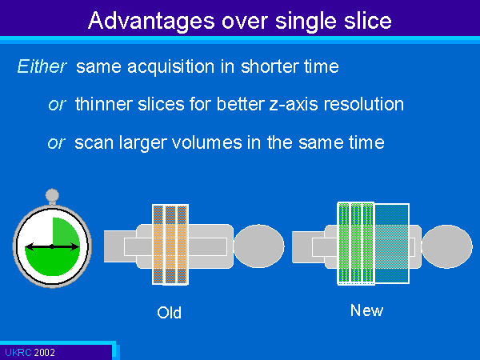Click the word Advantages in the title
151,21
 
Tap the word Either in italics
42,66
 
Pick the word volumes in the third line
206,142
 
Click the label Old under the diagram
169,313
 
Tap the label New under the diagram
366,310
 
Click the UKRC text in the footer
18,352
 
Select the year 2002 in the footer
44,352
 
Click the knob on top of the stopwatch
52,195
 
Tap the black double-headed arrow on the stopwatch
52,246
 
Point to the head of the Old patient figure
258,246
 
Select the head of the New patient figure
447,246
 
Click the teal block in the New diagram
391,243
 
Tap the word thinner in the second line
104,104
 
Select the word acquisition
171,66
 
